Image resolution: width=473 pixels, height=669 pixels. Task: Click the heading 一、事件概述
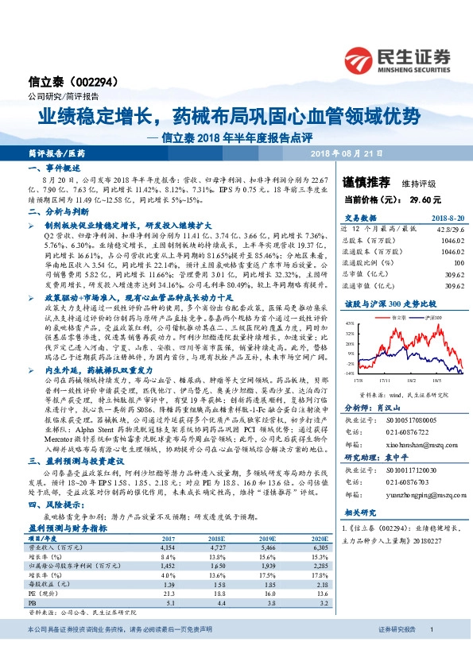(52, 169)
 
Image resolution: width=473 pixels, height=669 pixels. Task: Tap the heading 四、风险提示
(52, 504)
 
